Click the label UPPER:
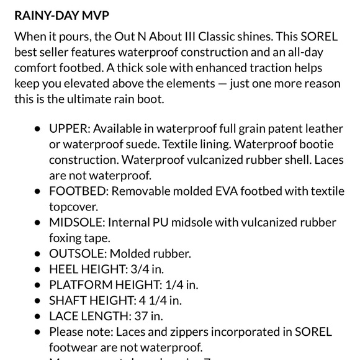70,129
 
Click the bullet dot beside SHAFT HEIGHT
37,300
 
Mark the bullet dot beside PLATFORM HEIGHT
37,285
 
